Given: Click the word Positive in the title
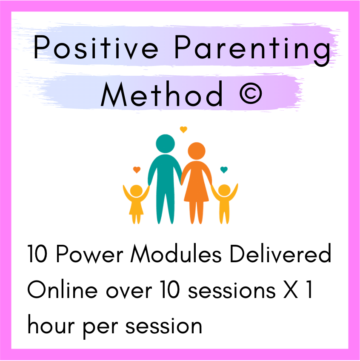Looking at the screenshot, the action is pos(96,47).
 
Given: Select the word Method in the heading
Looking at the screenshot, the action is pos(162,94).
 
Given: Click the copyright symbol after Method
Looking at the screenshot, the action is pos(251,94).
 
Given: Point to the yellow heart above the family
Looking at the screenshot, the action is pos(183,129).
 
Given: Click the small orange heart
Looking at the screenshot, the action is pos(137,170).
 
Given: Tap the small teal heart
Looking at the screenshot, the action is pos(224,170).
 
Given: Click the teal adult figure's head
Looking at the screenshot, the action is pos(165,143).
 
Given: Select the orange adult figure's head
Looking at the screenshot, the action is pos(197,151).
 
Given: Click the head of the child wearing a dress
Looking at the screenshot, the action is pos(136,191).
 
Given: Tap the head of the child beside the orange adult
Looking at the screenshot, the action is pos(224,191).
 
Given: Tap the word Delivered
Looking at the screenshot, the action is pos(280,253).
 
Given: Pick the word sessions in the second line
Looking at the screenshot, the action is pos(232,291).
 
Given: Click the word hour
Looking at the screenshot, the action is pos(51,325).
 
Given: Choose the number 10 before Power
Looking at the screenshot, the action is pos(37,254).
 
